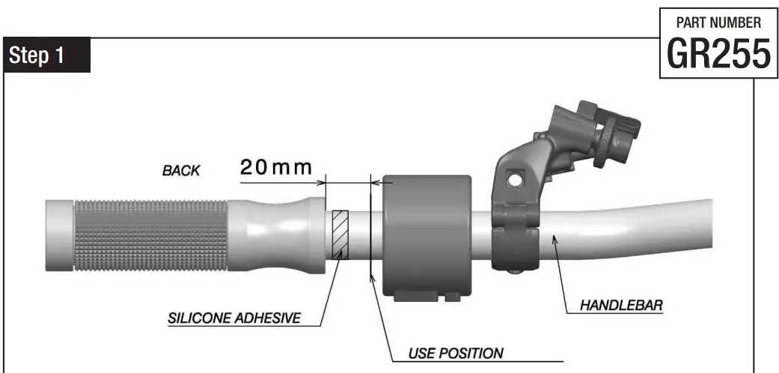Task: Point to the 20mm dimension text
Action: pos(275,168)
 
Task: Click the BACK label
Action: pos(181,171)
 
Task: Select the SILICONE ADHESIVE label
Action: pos(234,318)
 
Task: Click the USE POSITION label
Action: pos(456,353)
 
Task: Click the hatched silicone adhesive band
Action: pos(340,234)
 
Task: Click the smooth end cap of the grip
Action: pos(58,235)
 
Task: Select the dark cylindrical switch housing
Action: pos(426,235)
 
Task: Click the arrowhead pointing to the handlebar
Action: pos(555,239)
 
